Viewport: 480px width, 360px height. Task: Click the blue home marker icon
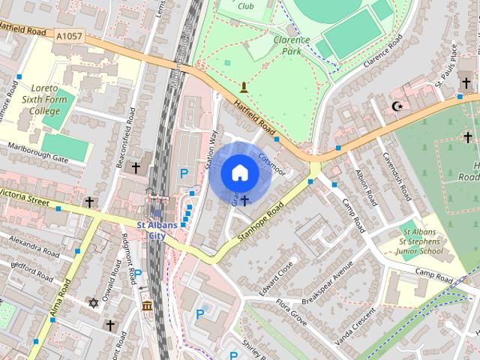(239, 173)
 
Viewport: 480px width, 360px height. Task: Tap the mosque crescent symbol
(398, 106)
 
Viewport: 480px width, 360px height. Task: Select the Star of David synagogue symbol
(94, 303)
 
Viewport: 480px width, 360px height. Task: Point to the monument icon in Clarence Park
(243, 88)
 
